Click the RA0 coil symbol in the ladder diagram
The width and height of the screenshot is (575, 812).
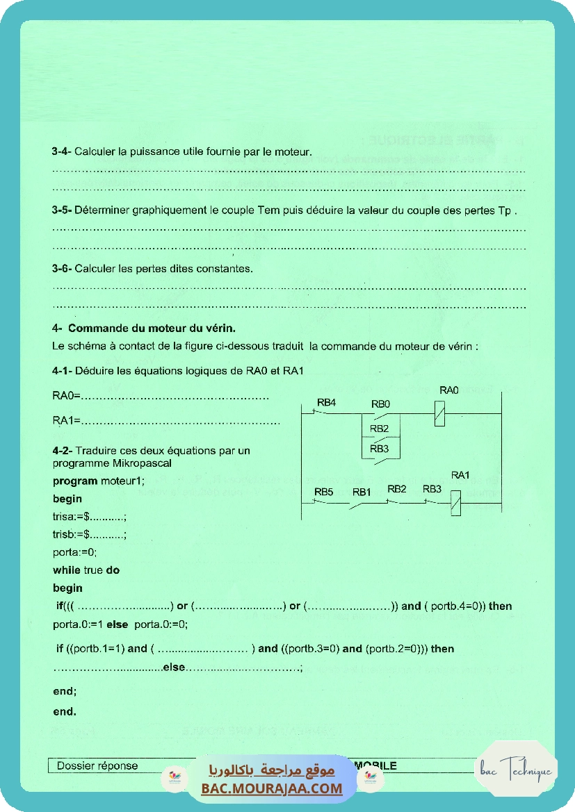click(439, 413)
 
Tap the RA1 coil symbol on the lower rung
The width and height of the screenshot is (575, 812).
click(456, 502)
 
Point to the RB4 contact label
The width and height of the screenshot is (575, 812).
click(326, 403)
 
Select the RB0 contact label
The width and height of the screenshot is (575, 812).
click(380, 404)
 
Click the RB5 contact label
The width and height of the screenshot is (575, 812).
click(323, 492)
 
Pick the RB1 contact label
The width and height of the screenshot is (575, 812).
click(361, 492)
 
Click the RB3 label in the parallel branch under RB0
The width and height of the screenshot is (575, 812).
click(379, 449)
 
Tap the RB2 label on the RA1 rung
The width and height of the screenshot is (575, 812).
click(396, 489)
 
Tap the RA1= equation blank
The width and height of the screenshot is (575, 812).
click(181, 421)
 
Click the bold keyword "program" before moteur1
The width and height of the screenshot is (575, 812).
click(74, 481)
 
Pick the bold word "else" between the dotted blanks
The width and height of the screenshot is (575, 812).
click(175, 668)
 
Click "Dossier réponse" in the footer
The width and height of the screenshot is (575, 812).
click(97, 766)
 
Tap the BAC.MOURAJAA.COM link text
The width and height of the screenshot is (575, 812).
click(272, 788)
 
